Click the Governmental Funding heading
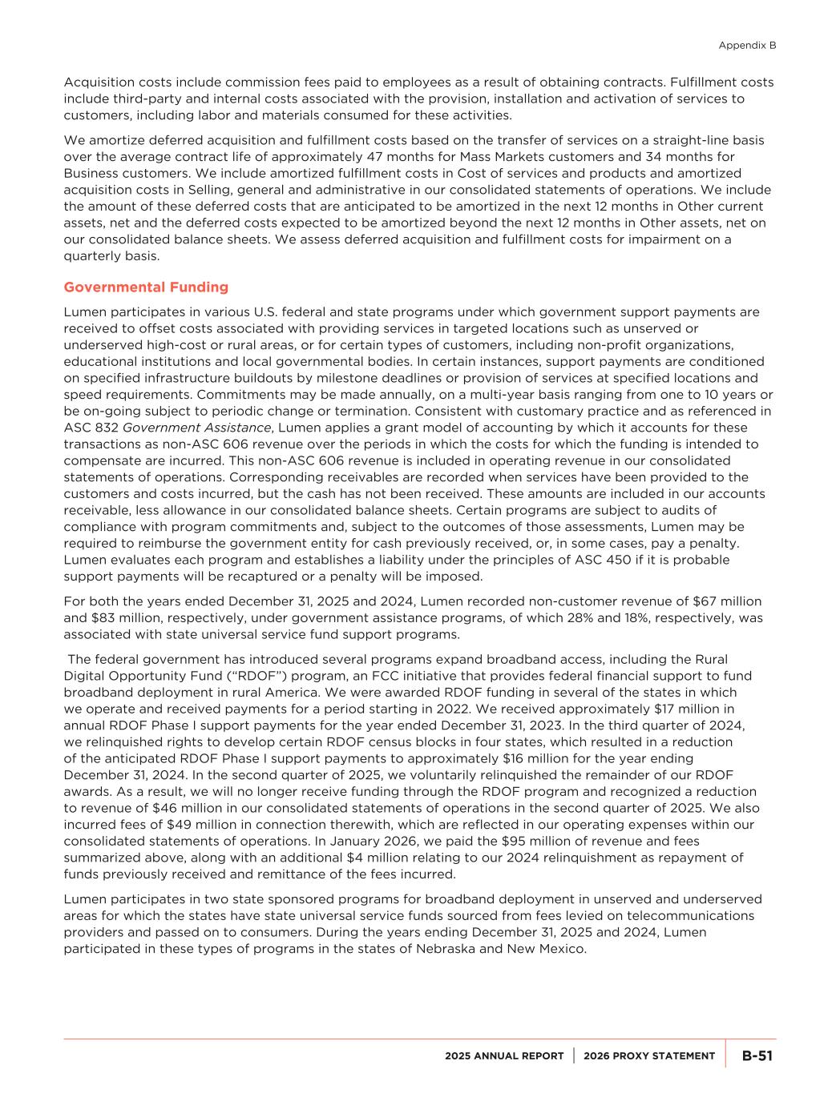tap(146, 287)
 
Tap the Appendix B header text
tap(747, 46)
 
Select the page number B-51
tap(757, 1055)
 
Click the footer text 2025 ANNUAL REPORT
tap(505, 1056)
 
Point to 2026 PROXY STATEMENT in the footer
tap(649, 1056)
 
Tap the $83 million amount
tap(103, 618)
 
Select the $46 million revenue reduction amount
tap(163, 808)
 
